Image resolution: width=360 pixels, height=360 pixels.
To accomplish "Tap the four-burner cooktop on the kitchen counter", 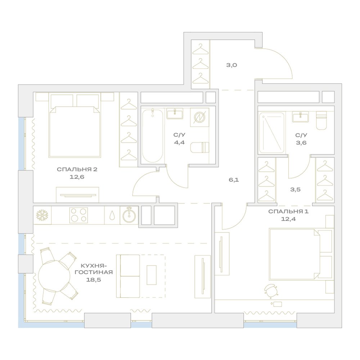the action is tap(78, 215).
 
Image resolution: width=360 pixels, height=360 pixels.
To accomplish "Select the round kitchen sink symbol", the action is tap(129, 215).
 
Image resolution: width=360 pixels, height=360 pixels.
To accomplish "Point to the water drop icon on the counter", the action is tap(112, 215).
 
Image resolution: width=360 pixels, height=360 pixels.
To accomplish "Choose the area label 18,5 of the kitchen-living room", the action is tap(94, 280).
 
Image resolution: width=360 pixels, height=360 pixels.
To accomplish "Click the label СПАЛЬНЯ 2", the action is tap(77, 170).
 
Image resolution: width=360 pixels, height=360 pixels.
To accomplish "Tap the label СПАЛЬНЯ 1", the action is tap(288, 211).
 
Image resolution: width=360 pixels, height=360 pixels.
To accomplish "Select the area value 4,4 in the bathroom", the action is tap(179, 143).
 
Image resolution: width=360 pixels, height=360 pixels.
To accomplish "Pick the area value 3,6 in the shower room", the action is tap(301, 143).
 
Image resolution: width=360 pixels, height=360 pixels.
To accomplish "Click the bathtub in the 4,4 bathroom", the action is tap(152, 136).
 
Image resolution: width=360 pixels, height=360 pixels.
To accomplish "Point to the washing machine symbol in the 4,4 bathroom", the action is tap(199, 117).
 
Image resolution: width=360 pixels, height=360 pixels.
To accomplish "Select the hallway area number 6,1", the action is tap(234, 180).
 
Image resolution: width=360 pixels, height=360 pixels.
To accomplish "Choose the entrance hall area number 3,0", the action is tap(231, 65).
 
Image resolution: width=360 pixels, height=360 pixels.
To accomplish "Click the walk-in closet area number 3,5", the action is tap(295, 190).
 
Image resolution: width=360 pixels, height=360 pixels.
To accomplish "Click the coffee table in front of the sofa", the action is tap(152, 275).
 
